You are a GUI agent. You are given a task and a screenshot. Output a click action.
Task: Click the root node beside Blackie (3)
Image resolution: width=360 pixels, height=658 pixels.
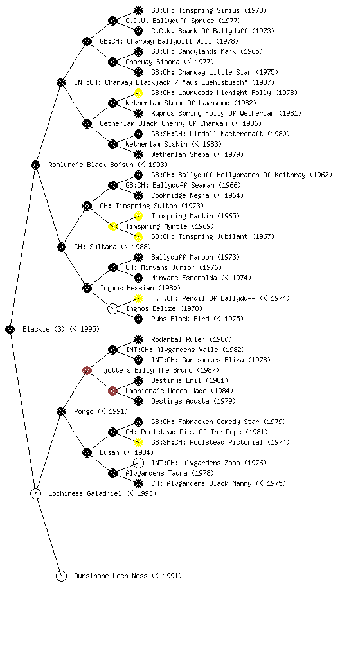pyautogui.click(x=10, y=329)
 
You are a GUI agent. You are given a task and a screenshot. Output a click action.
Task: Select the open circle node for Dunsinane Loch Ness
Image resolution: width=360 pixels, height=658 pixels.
pyautogui.click(x=61, y=576)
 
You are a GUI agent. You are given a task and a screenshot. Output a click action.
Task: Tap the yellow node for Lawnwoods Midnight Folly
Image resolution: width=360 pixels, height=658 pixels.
pyautogui.click(x=138, y=93)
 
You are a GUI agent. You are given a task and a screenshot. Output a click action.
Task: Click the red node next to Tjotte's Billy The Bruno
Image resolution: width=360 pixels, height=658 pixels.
pyautogui.click(x=87, y=370)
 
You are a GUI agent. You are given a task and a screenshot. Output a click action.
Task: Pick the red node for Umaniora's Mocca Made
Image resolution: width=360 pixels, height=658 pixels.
pyautogui.click(x=113, y=391)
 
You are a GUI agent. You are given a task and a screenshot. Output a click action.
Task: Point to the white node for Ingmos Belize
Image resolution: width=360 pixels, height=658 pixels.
pyautogui.click(x=113, y=308)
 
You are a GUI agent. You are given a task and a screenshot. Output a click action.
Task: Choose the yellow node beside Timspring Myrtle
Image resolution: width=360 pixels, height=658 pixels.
pyautogui.click(x=113, y=226)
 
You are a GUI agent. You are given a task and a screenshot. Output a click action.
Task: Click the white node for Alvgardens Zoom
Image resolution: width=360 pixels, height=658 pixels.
pyautogui.click(x=138, y=463)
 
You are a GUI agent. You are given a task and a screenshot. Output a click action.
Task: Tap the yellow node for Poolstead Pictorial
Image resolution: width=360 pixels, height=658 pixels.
pyautogui.click(x=138, y=442)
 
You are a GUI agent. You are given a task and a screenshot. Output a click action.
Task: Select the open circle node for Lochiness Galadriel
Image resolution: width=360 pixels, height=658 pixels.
pyautogui.click(x=35, y=493)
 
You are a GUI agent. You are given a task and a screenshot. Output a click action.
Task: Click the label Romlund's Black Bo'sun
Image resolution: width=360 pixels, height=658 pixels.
pyautogui.click(x=108, y=164)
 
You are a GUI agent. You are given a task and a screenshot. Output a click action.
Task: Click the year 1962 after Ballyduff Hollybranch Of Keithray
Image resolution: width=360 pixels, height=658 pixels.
pyautogui.click(x=321, y=175)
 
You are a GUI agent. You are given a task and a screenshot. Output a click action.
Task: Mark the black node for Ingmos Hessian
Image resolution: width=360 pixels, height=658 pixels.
pyautogui.click(x=87, y=288)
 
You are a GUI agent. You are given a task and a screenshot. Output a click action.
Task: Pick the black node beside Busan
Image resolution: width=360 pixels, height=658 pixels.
pyautogui.click(x=87, y=452)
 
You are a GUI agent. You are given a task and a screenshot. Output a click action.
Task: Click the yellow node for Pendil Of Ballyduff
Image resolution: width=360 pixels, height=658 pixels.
pyautogui.click(x=138, y=298)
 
